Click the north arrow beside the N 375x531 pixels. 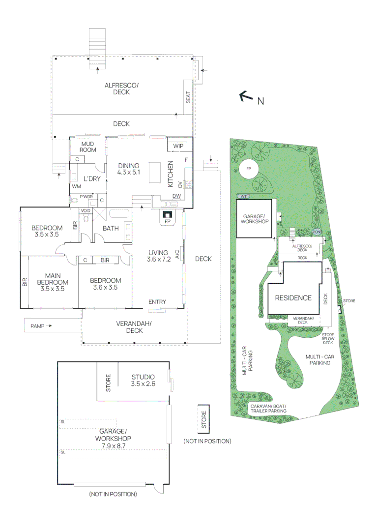pyautogui.click(x=246, y=97)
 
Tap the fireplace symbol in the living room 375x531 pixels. pyautogui.click(x=168, y=215)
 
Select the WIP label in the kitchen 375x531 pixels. pyautogui.click(x=178, y=146)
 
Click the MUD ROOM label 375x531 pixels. pyautogui.click(x=87, y=147)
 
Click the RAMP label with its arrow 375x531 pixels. pyautogui.click(x=40, y=325)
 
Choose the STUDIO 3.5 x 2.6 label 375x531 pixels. pyautogui.click(x=143, y=380)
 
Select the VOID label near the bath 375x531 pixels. pyautogui.click(x=86, y=210)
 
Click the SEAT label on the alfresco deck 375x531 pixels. pyautogui.click(x=188, y=98)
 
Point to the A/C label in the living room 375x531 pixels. pyautogui.click(x=176, y=254)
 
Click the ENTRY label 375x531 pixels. pyautogui.click(x=157, y=302)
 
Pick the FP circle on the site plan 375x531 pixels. pyautogui.click(x=249, y=169)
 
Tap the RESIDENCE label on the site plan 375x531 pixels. pyautogui.click(x=293, y=297)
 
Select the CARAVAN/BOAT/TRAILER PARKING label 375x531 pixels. pyautogui.click(x=268, y=409)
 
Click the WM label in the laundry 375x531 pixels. pyautogui.click(x=76, y=187)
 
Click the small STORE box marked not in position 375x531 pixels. pyautogui.click(x=203, y=419)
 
